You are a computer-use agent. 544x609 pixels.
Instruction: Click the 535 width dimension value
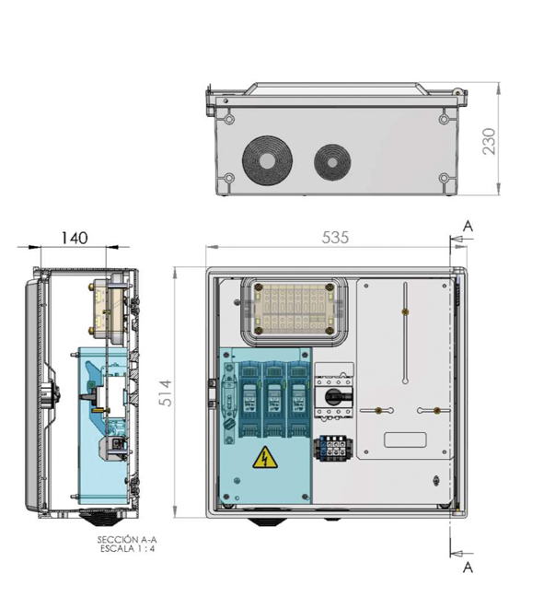[x=335, y=238]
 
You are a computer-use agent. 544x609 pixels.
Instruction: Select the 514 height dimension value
[x=166, y=393]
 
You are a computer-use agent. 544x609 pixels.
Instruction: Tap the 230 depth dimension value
[x=489, y=141]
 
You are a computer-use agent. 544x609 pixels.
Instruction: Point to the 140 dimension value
[x=75, y=238]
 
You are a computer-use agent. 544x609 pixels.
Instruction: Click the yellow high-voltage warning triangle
[x=265, y=458]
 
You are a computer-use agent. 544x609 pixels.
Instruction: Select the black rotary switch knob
[x=338, y=396]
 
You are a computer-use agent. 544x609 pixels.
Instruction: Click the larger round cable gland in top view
[x=267, y=160]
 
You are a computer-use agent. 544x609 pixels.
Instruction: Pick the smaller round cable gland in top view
[x=332, y=163]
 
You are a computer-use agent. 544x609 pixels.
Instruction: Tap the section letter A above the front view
[x=468, y=226]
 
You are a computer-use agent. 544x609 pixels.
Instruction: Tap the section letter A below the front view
[x=468, y=568]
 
